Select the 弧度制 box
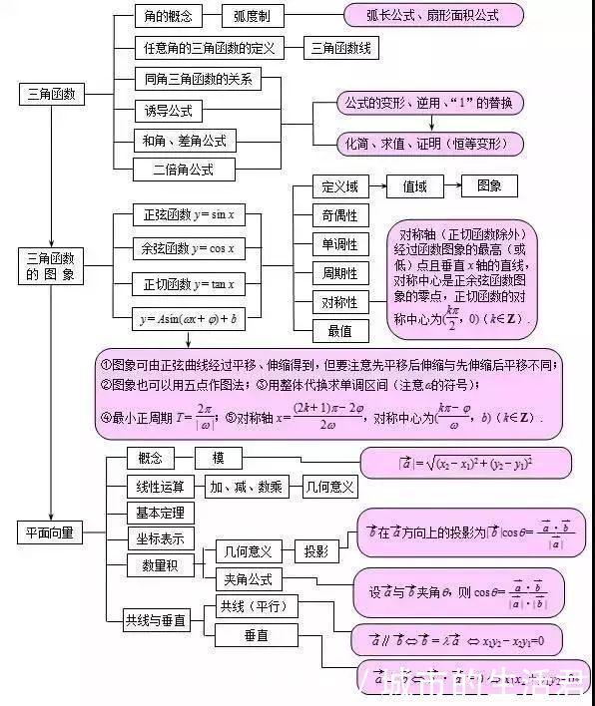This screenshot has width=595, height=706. click(259, 16)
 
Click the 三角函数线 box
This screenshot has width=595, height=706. click(334, 47)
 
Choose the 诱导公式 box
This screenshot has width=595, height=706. click(171, 111)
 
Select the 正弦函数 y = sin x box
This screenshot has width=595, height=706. click(189, 215)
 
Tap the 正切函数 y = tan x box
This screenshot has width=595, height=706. click(189, 284)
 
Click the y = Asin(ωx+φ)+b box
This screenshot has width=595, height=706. click(189, 318)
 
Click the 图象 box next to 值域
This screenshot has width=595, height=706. click(488, 186)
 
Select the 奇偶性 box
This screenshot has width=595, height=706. click(339, 215)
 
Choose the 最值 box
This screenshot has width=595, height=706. click(339, 330)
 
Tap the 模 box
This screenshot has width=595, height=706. click(218, 458)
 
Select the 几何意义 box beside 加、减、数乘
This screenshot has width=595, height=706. click(329, 488)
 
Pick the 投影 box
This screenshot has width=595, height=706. click(316, 551)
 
